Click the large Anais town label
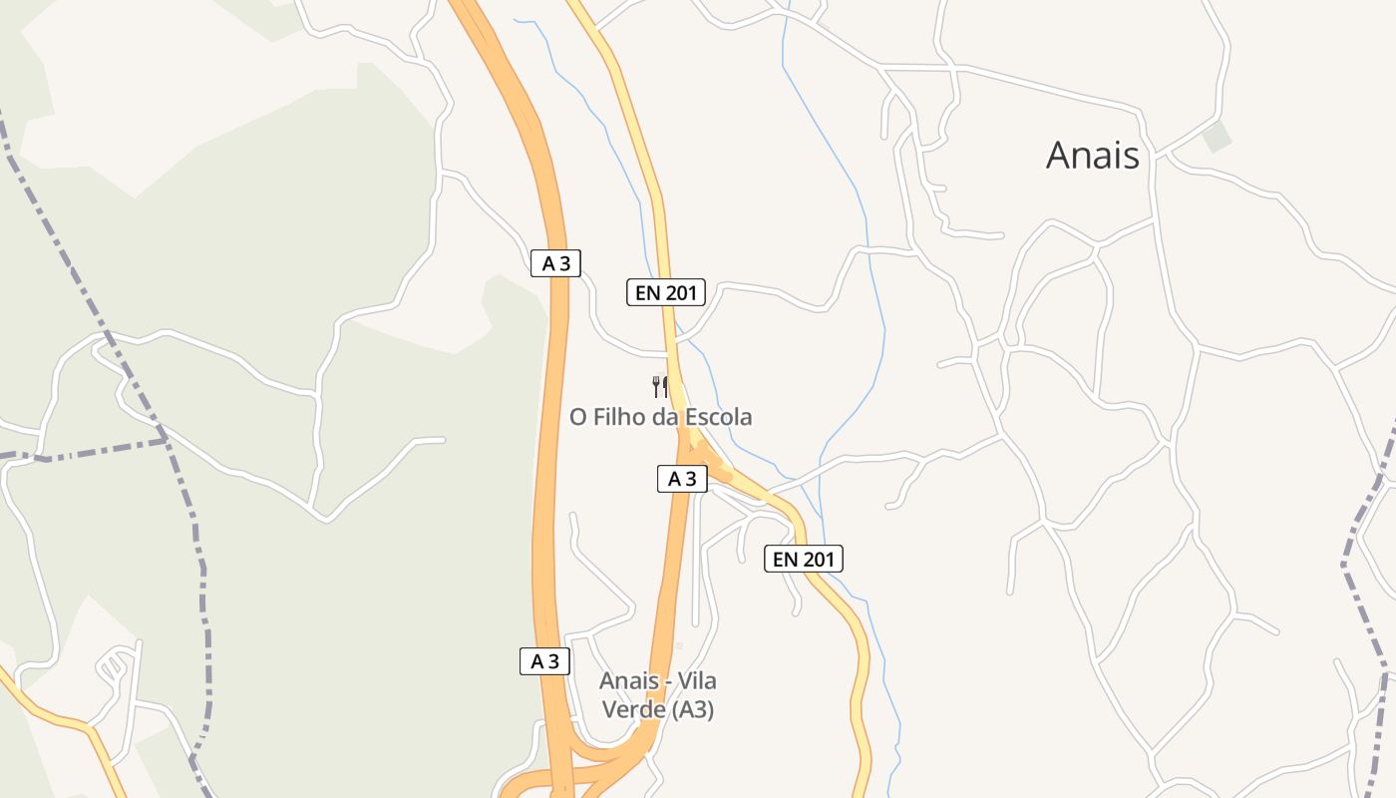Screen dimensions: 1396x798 pos(1092,156)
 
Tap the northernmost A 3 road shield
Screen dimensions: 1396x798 pos(555,263)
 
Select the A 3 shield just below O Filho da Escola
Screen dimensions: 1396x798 pos(682,479)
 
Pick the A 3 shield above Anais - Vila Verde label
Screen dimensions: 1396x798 pos(544,660)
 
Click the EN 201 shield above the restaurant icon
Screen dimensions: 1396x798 pos(665,292)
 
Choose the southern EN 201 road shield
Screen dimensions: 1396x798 pos(803,559)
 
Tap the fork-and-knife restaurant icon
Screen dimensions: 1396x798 pos(660,386)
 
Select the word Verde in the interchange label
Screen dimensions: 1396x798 pos(633,710)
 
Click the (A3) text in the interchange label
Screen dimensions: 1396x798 pos(692,710)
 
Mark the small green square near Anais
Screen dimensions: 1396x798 pos(1217,137)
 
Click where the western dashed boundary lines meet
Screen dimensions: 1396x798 pos(165,438)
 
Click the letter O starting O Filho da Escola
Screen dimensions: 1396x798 pos(577,417)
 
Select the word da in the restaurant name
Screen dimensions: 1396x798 pos(664,417)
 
